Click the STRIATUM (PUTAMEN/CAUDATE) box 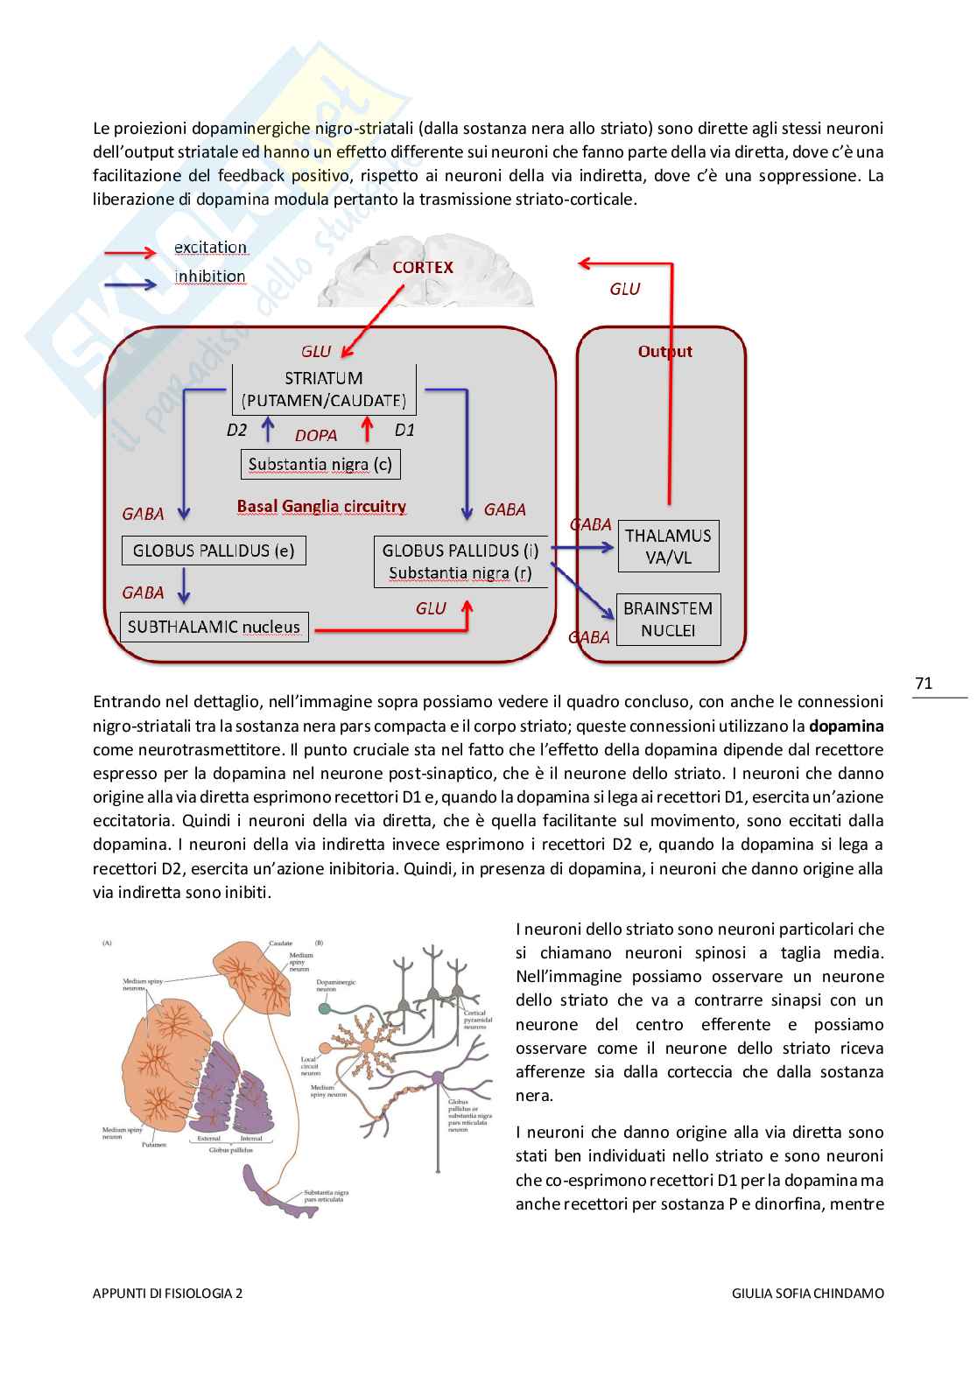click(x=323, y=389)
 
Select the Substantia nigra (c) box click(x=320, y=464)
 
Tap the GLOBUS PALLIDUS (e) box click(x=214, y=551)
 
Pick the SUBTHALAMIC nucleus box click(x=214, y=627)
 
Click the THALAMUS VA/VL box click(x=668, y=546)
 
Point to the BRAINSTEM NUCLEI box click(x=668, y=619)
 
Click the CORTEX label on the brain click(x=423, y=268)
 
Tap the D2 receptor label click(x=236, y=430)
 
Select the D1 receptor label click(x=404, y=430)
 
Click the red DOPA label click(x=316, y=435)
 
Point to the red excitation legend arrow click(x=130, y=253)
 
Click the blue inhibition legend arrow click(x=130, y=284)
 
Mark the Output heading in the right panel click(x=664, y=351)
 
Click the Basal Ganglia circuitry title click(x=321, y=506)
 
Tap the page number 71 click(x=924, y=684)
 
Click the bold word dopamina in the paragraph click(x=846, y=726)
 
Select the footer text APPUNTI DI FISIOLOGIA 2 click(x=168, y=1293)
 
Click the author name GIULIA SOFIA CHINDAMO click(x=807, y=1293)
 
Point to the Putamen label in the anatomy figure click(x=154, y=1144)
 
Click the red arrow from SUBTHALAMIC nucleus click(x=394, y=628)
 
